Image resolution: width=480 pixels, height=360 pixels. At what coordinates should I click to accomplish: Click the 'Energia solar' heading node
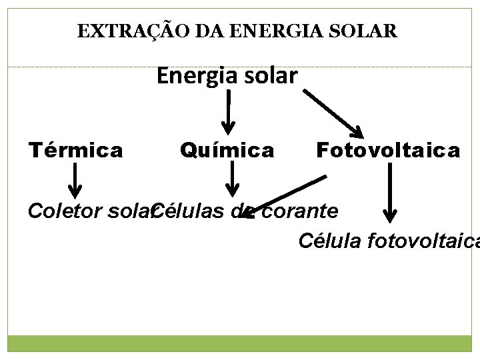click(x=227, y=76)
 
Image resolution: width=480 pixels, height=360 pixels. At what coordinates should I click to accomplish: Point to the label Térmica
click(x=75, y=150)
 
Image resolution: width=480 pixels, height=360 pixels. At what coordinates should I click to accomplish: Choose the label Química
click(x=227, y=151)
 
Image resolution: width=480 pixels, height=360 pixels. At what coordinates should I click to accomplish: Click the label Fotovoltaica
click(x=387, y=150)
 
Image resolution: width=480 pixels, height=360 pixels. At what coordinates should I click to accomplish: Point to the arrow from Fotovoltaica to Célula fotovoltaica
click(x=389, y=193)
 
